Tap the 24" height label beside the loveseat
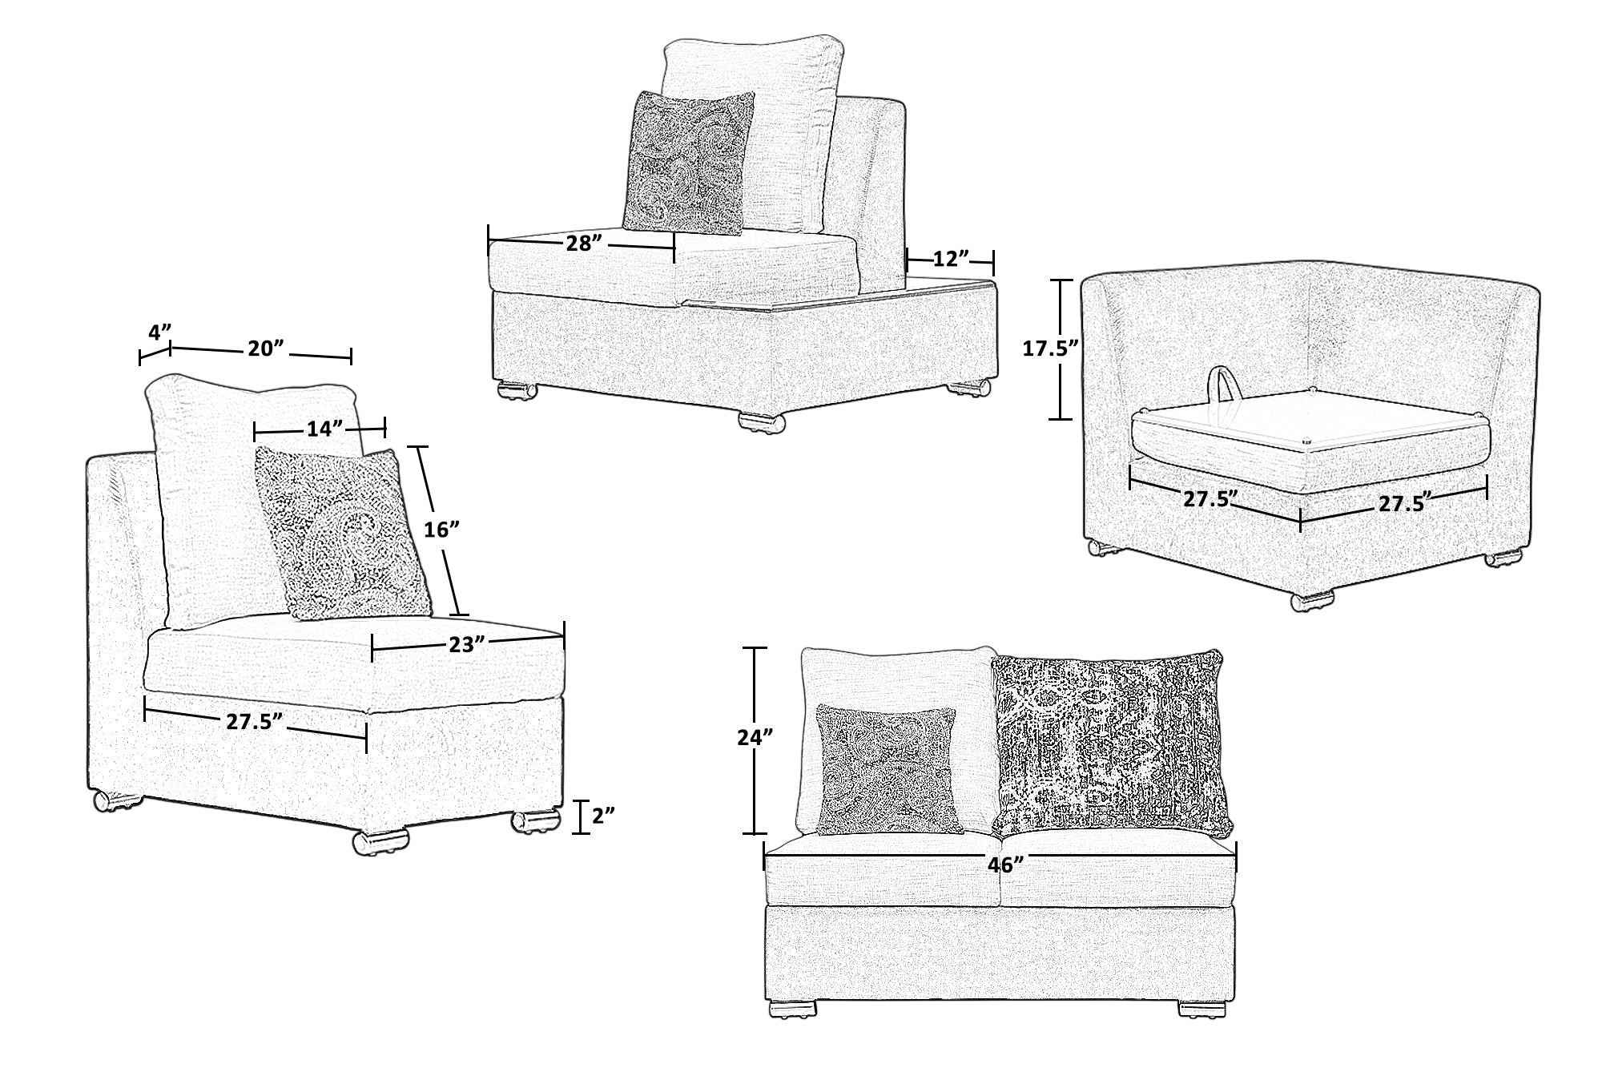coord(754,738)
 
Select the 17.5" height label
coord(1051,348)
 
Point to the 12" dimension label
coord(951,259)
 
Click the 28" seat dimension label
coord(584,243)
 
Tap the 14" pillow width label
coord(320,429)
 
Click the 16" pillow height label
coord(441,528)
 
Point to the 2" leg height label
coord(603,816)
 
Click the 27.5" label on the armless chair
coord(255,720)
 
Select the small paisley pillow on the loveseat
coord(888,768)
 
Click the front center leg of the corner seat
coord(1313,599)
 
